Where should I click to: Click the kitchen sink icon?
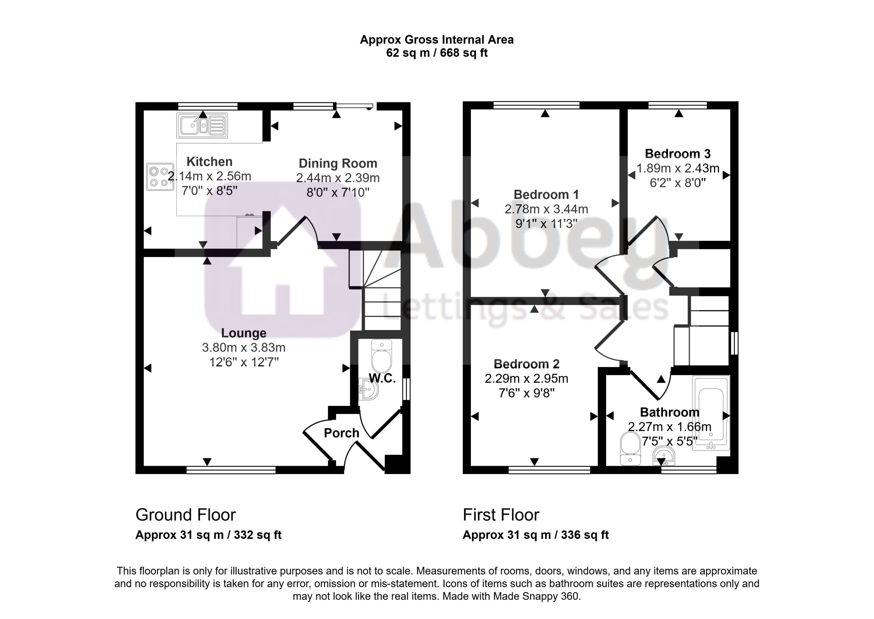(202, 125)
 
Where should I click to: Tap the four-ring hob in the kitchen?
(160, 177)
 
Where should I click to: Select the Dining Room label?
(338, 163)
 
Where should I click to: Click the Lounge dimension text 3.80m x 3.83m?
(244, 347)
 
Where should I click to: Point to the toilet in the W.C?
(381, 356)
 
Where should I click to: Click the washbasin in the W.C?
(368, 389)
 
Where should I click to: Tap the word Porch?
(342, 433)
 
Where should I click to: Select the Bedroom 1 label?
(546, 195)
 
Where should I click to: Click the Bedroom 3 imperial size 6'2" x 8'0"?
(678, 183)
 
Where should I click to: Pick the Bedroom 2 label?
(526, 364)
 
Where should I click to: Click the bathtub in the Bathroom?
(711, 413)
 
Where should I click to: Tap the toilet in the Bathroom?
(630, 449)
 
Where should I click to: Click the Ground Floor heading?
(186, 515)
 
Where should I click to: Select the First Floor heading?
(501, 515)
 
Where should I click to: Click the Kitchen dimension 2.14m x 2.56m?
(209, 176)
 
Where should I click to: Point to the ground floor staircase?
(375, 290)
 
